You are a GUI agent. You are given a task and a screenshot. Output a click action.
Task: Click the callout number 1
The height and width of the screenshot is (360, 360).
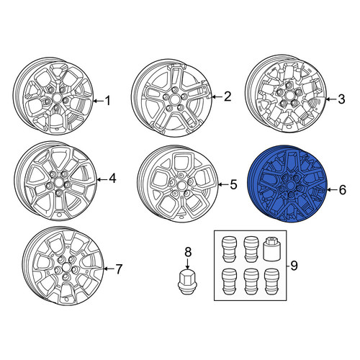coord(108,101)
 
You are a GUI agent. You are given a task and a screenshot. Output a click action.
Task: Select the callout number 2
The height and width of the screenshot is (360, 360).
coord(227,96)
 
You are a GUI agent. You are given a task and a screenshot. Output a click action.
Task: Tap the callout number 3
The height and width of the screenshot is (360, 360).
coord(341,99)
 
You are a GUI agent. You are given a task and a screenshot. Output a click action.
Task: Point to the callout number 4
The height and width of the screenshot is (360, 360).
coord(112,179)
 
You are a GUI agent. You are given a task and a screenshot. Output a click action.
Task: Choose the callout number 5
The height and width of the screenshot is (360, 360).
coord(233,184)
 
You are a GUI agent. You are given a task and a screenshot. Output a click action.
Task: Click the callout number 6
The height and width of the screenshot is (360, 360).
coord(342,189)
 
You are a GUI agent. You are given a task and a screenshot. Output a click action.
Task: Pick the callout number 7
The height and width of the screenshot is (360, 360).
coord(119,269)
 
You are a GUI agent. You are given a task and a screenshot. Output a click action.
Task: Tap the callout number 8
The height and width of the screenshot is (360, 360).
coord(188,252)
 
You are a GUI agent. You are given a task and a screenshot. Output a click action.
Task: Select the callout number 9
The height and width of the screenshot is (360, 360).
coord(294,266)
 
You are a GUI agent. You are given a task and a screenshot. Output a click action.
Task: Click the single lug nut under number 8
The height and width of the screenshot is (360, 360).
coord(187,282)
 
